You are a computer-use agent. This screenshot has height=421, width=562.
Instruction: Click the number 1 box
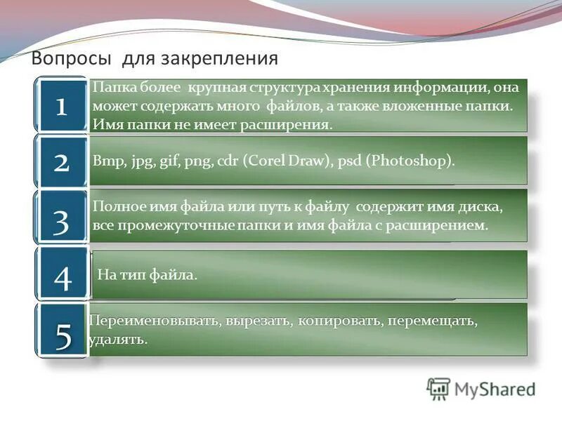61,106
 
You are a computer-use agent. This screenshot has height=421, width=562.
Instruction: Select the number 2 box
61,162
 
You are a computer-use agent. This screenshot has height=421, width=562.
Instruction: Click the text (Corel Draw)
285,161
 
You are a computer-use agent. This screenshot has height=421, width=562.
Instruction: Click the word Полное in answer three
115,208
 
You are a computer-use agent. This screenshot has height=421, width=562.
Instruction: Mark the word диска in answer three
481,208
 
